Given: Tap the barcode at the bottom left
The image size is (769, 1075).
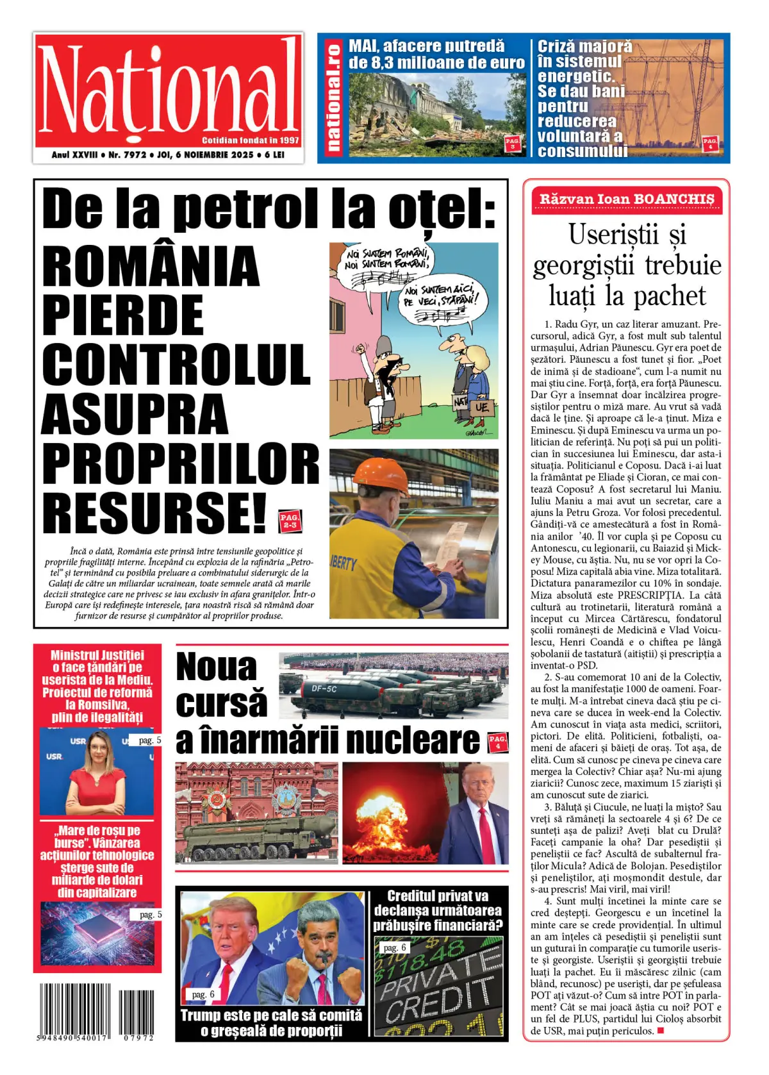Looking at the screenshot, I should click(96, 1009).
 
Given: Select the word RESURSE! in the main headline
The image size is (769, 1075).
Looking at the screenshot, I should click(154, 511).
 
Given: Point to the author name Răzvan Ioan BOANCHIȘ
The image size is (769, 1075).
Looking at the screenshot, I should click(626, 199).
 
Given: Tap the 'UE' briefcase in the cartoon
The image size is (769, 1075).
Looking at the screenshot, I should click(481, 406).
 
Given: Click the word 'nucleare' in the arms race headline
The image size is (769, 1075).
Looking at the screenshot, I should click(414, 740).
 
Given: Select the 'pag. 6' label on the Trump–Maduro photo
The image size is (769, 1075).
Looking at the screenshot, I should click(203, 994).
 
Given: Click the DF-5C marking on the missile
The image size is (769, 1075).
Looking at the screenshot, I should click(324, 689).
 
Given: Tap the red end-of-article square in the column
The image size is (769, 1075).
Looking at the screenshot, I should click(661, 1031).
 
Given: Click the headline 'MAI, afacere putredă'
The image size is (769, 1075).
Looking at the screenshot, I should click(427, 46).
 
